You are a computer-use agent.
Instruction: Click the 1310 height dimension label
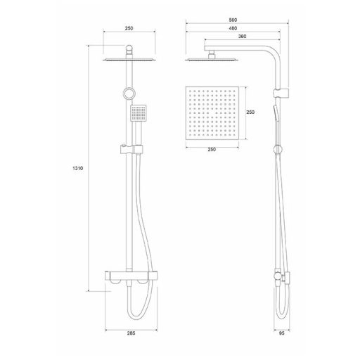[x=78, y=168]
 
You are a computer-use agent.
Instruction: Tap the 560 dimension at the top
[x=233, y=20]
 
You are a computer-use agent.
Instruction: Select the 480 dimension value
[x=233, y=28]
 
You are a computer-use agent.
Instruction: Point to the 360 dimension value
[x=242, y=37]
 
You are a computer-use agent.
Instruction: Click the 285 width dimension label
[x=131, y=333]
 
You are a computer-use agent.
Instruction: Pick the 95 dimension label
[x=282, y=333]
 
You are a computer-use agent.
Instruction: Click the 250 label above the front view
[x=129, y=28]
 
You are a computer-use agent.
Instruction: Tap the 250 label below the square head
[x=212, y=150]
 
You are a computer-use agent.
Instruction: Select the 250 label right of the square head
[x=250, y=112]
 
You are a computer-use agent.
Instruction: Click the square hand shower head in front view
[x=139, y=113]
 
